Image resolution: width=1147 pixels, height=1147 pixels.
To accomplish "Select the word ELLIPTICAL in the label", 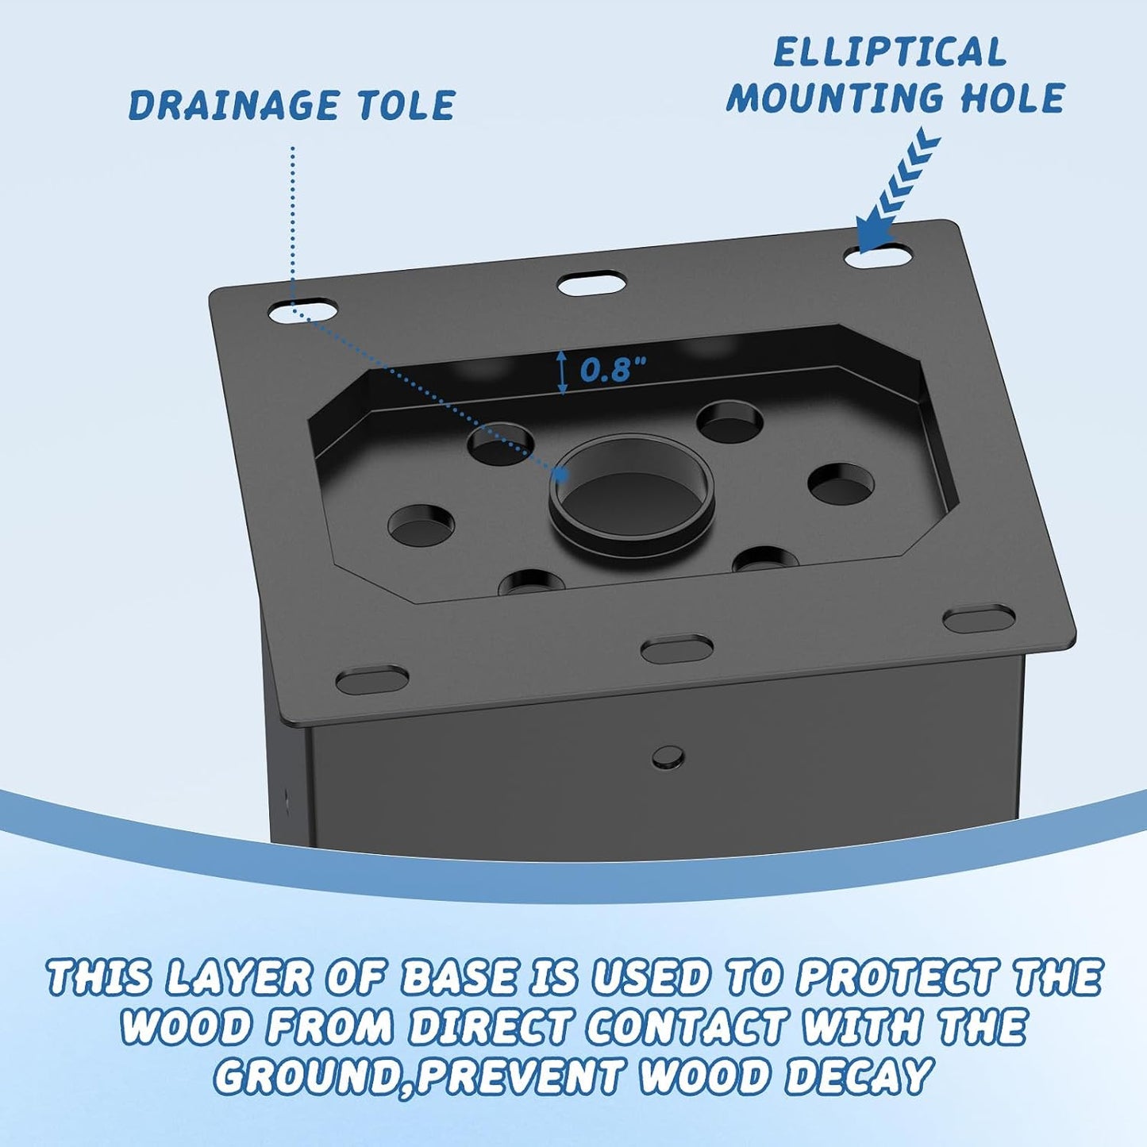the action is [890, 52].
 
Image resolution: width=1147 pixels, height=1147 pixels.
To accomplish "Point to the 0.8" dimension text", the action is [613, 370].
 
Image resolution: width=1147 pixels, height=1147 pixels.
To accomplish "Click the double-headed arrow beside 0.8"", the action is [561, 372].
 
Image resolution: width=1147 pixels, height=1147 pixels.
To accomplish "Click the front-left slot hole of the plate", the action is [372, 679].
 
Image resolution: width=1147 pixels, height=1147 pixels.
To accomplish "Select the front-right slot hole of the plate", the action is [980, 618].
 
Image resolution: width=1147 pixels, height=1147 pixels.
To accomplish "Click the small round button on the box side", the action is [668, 756].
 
